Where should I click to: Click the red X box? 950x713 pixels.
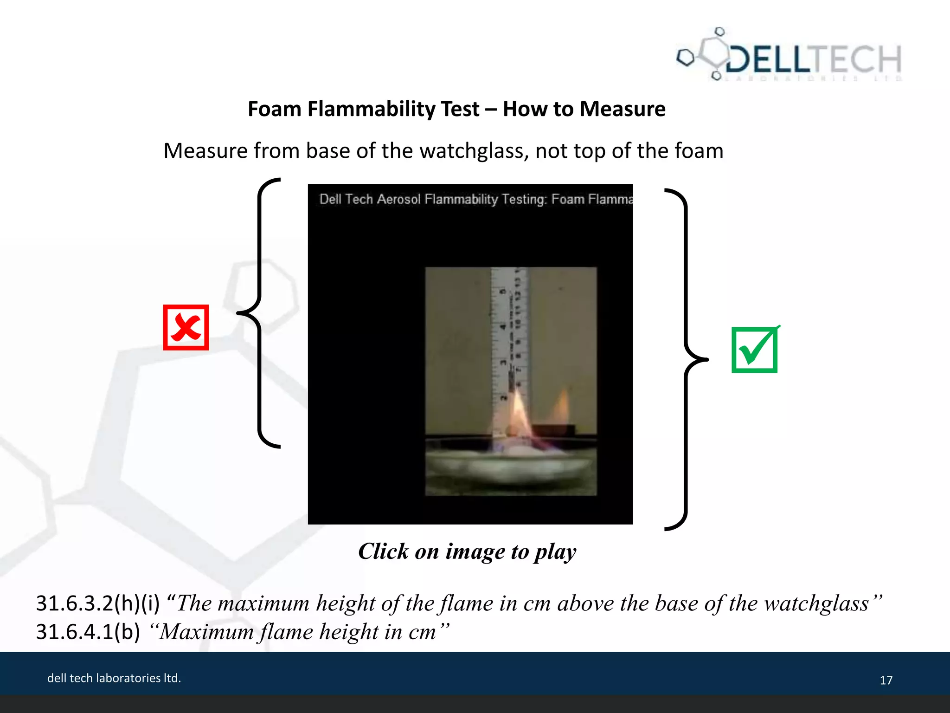186,327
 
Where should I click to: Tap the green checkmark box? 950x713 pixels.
755,350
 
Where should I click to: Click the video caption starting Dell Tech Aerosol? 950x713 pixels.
476,199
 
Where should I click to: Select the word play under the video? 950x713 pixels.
555,551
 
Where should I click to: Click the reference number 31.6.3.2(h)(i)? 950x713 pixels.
98,603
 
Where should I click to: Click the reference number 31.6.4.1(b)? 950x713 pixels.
88,632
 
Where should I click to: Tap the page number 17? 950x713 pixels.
886,680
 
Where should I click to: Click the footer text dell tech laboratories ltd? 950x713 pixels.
114,678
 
